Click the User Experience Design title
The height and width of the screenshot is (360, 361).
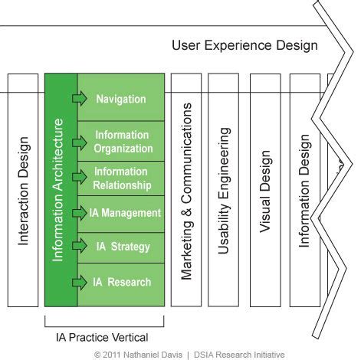[244, 45]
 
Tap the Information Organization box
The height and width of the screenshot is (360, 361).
[123, 142]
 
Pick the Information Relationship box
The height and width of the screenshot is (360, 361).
[123, 178]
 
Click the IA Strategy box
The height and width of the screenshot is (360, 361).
[123, 247]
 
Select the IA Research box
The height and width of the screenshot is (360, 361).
[123, 282]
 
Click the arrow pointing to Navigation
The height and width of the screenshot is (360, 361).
[79, 99]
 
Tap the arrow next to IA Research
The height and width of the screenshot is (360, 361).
[79, 282]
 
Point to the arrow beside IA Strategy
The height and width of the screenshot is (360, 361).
[79, 247]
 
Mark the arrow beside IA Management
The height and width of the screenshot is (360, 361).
[79, 212]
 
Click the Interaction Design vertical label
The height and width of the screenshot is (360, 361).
[24, 191]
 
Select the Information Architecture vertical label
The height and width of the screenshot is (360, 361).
[58, 191]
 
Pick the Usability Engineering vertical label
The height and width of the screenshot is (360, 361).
[225, 191]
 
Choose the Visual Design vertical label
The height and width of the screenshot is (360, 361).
[265, 191]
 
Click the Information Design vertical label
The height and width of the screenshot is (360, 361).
[304, 191]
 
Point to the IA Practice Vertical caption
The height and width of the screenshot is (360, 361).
[102, 337]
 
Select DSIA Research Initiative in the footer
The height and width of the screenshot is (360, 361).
[241, 355]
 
